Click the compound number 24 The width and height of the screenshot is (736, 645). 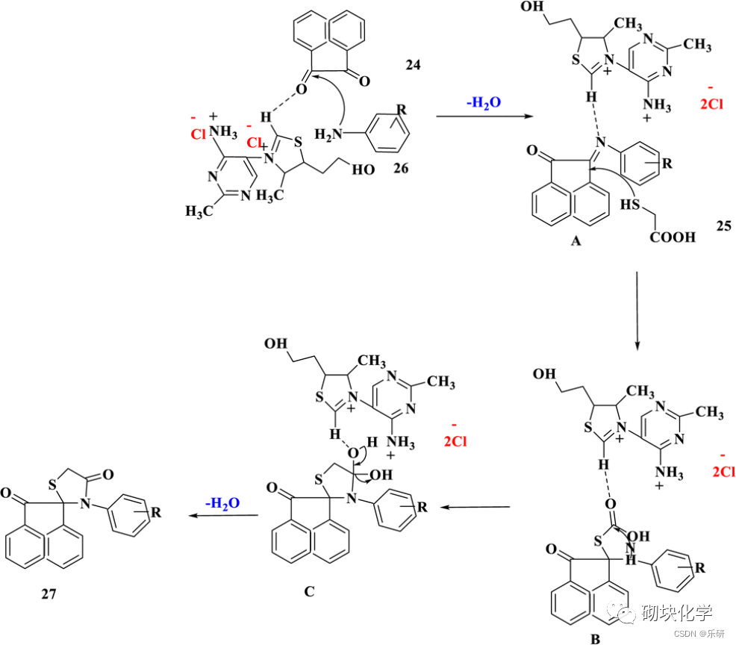pos(412,66)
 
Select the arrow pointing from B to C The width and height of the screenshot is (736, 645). pos(475,507)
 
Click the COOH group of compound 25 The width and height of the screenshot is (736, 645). pos(672,237)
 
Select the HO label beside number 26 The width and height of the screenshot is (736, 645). pos(364,169)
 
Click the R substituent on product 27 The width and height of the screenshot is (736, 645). pos(155,511)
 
